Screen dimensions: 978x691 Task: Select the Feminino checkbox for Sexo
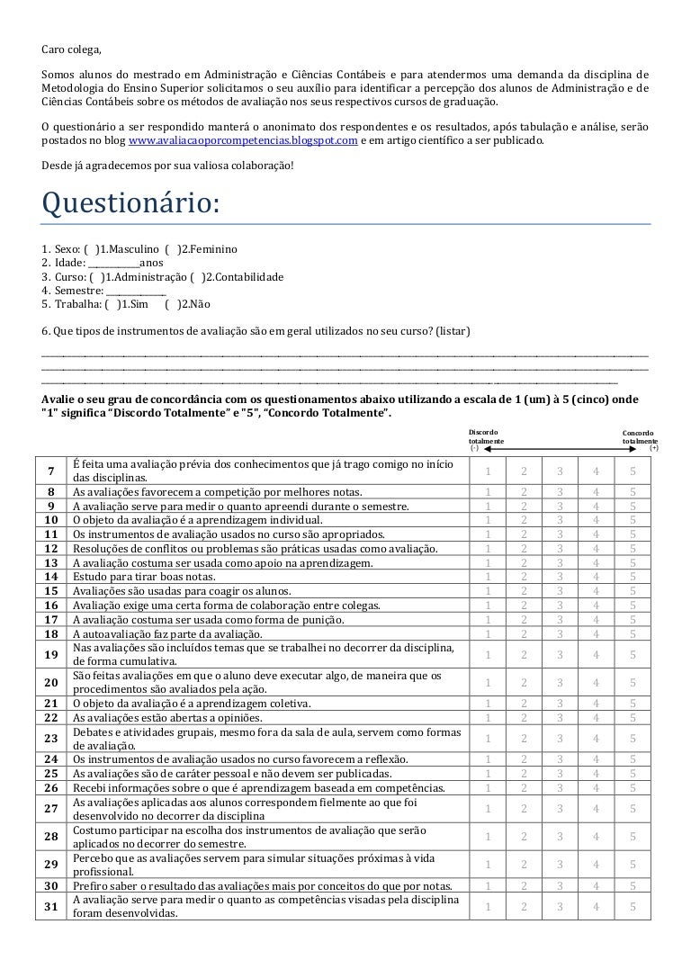(173, 248)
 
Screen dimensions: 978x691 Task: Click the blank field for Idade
(113, 263)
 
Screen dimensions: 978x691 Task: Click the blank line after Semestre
(136, 292)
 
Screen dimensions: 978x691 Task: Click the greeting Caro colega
(78, 48)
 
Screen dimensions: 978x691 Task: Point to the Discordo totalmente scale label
(486, 437)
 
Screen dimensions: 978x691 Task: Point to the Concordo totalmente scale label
(640, 437)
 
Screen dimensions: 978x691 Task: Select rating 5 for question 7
(633, 471)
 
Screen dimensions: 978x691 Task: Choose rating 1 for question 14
(488, 577)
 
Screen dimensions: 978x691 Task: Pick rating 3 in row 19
(560, 654)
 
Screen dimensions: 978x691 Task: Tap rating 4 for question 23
(596, 737)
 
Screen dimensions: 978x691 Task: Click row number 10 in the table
(51, 520)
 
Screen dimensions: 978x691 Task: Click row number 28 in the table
(51, 837)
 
